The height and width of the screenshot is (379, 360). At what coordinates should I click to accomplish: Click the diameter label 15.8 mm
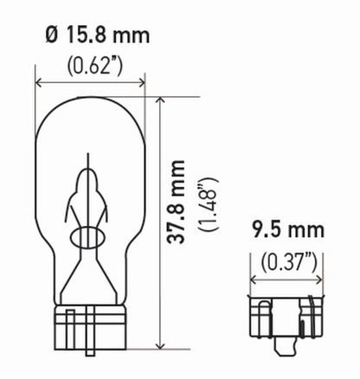(98, 35)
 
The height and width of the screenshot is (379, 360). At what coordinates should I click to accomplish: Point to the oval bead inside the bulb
(89, 237)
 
